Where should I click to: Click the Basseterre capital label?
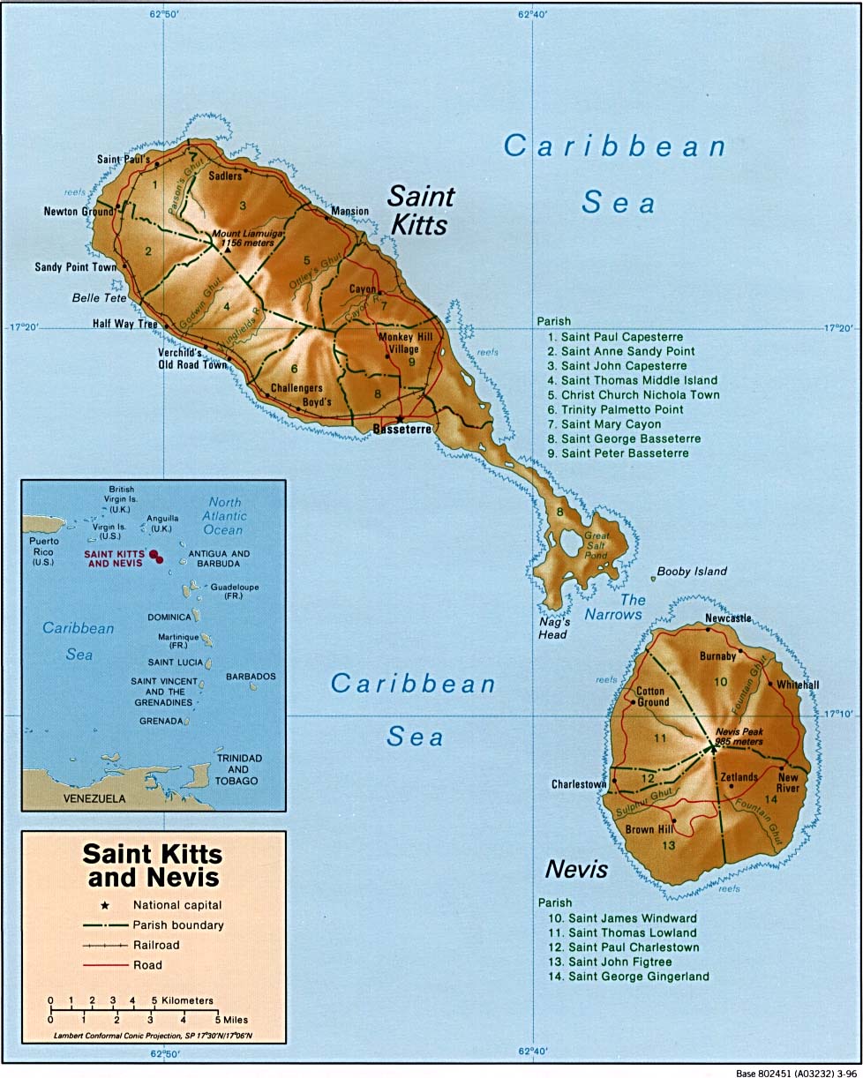(402, 430)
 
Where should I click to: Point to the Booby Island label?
(692, 572)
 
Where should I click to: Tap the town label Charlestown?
(579, 783)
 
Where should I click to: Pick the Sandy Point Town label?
(76, 267)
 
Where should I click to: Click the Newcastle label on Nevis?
(728, 618)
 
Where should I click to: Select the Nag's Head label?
(552, 628)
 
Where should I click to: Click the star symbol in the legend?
(107, 905)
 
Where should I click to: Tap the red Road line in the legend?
(105, 965)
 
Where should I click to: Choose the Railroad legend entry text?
(156, 945)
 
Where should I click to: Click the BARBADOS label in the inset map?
(251, 677)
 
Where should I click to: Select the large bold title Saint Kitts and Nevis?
(153, 865)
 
